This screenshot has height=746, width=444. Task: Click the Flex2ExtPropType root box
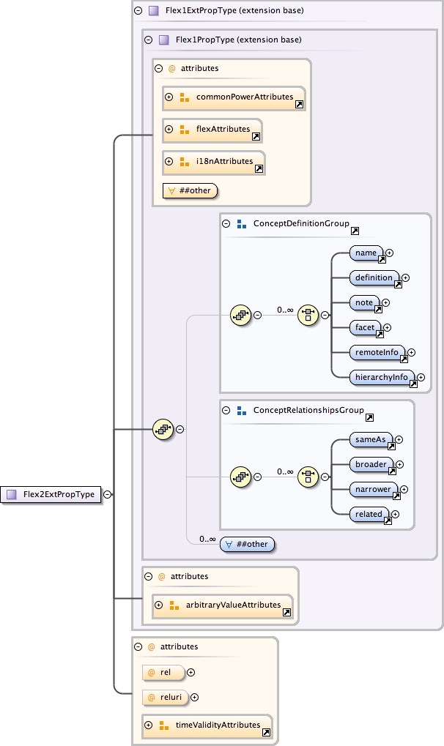pyautogui.click(x=51, y=494)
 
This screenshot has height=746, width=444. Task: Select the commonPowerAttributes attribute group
pyautogui.click(x=234, y=97)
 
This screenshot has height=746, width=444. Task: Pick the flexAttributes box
pyautogui.click(x=212, y=130)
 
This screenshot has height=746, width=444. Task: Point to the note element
pyautogui.click(x=365, y=303)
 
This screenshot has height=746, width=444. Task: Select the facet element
pyautogui.click(x=366, y=328)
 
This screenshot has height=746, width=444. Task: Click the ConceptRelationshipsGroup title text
pyautogui.click(x=308, y=411)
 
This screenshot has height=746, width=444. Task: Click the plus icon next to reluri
pyautogui.click(x=194, y=698)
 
